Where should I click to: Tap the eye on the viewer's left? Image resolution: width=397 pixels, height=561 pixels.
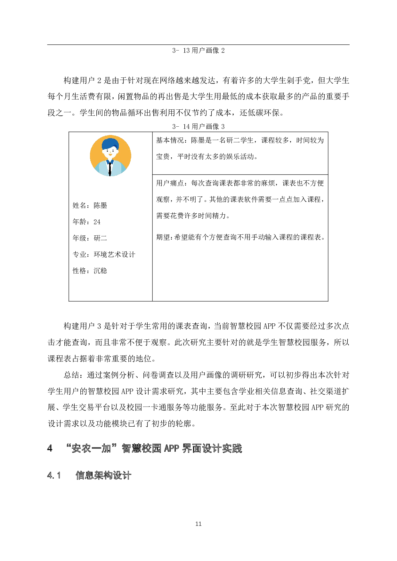click(107, 151)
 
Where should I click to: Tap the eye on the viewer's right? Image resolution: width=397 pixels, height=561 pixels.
click(113, 151)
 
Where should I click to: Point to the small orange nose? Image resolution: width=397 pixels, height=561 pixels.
click(110, 152)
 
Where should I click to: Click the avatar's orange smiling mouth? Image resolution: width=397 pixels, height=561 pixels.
click(110, 155)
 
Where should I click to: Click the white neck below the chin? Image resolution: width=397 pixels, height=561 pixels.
click(110, 159)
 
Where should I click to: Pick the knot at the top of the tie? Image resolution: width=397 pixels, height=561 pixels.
click(110, 163)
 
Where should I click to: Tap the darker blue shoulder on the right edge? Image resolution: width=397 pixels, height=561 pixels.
click(124, 168)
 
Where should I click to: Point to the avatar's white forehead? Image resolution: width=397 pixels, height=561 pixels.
click(112, 148)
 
